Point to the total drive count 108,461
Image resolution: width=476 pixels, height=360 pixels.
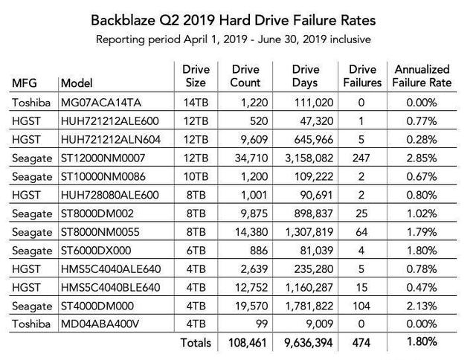tap(245, 343)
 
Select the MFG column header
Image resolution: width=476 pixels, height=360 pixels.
tap(27, 82)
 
